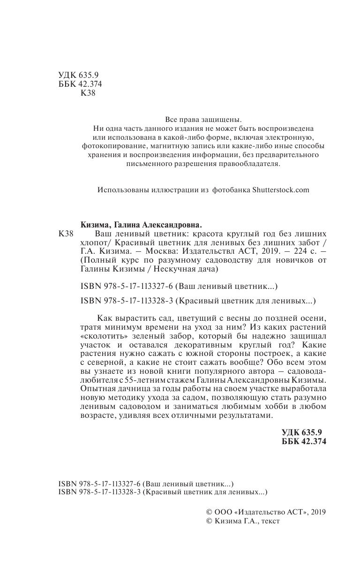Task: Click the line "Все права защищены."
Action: click(x=203, y=119)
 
